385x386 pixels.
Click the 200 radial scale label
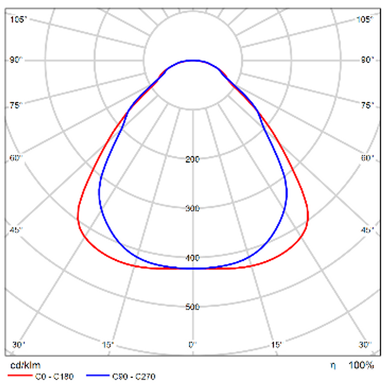point(192,159)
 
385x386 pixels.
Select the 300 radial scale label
point(192,209)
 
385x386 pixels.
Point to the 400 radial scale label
point(192,258)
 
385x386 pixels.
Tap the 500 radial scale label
point(192,307)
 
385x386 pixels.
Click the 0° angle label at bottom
point(192,345)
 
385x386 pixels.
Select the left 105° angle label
point(19,20)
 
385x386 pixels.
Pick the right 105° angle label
point(365,20)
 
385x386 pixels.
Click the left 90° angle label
point(17,60)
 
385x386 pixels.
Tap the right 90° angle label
point(367,60)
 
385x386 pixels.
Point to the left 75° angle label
point(17,105)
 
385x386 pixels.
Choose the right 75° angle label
point(367,105)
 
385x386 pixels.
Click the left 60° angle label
point(17,158)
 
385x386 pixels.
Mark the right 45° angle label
point(367,230)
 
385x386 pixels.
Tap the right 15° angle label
point(278,345)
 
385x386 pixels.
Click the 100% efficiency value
point(361,366)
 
